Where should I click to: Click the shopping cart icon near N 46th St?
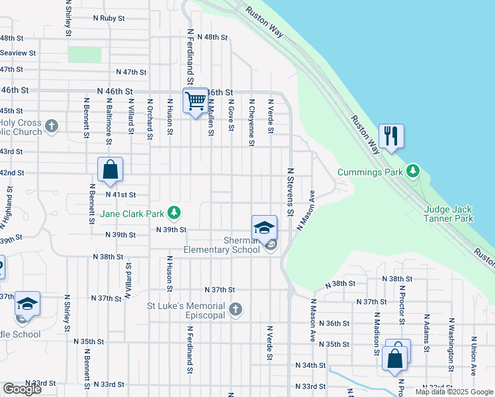click(x=195, y=101)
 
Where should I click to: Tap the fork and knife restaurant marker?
click(x=391, y=136)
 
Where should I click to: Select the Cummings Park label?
click(x=370, y=172)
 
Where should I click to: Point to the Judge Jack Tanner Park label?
click(x=449, y=214)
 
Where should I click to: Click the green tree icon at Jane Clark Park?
click(x=174, y=213)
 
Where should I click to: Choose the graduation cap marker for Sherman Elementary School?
click(x=263, y=228)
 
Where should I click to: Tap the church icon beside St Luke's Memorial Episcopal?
click(x=235, y=309)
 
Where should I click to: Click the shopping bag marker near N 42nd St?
click(x=110, y=169)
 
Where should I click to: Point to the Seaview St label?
click(x=18, y=53)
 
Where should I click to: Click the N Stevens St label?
click(x=290, y=192)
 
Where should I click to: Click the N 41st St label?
click(x=120, y=195)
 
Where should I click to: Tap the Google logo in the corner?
click(x=22, y=389)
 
